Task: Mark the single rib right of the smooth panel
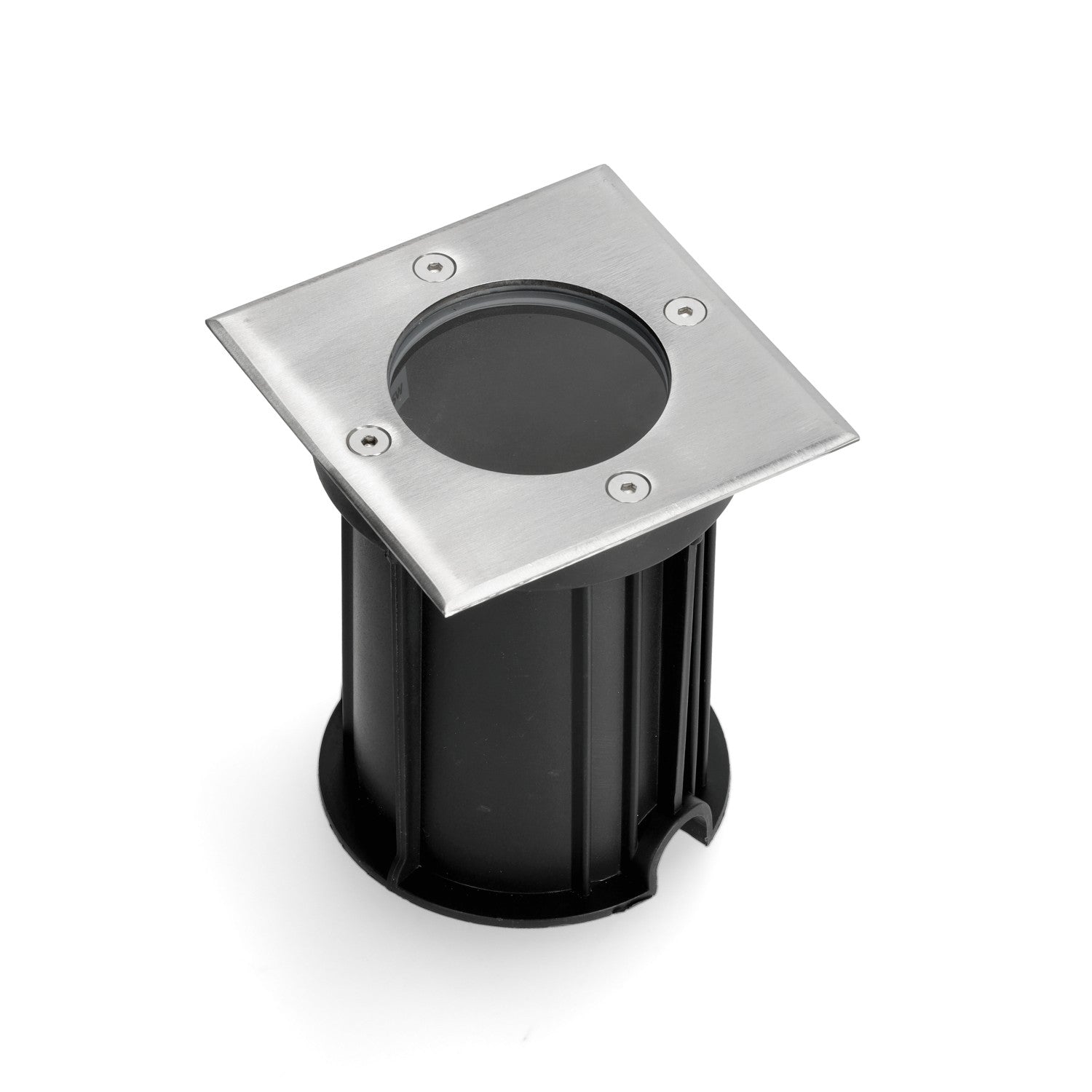[582, 728]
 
